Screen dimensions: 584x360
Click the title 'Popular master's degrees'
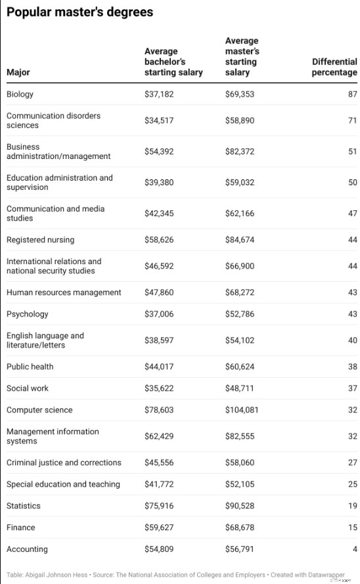coord(79,12)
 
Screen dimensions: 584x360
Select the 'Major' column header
coord(18,72)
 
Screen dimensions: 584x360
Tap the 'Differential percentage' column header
coord(334,67)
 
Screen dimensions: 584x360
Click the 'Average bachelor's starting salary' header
coord(173,62)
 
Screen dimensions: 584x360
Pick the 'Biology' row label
coord(20,94)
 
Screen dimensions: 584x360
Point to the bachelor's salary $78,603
coord(159,410)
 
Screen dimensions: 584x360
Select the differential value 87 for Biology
coord(352,94)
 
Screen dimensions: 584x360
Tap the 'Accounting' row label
coord(27,549)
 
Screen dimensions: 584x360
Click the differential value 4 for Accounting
coord(354,549)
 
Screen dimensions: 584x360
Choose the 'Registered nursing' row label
coord(40,240)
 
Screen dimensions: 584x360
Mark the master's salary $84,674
coord(239,240)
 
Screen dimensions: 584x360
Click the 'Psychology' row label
coord(27,314)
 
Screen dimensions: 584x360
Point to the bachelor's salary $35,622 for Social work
coord(159,388)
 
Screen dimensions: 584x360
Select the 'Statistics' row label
coord(23,506)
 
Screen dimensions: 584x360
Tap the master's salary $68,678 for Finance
coord(239,528)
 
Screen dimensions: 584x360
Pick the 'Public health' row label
coord(30,367)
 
